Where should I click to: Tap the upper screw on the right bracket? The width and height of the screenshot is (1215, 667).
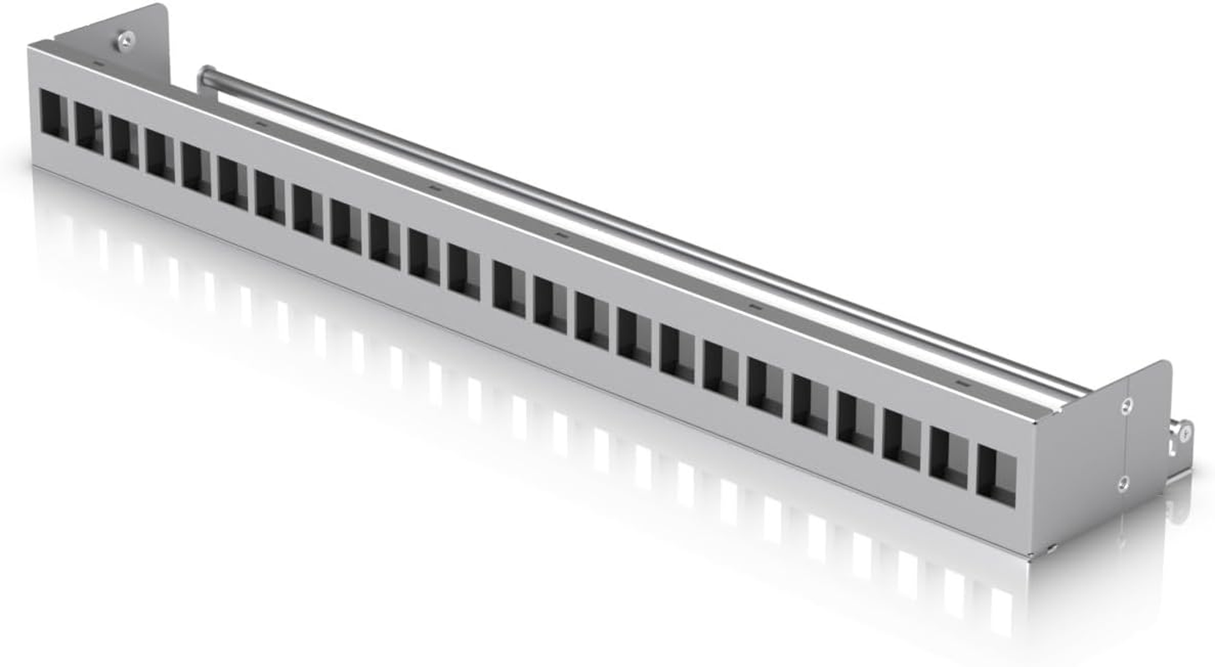pos(1127,406)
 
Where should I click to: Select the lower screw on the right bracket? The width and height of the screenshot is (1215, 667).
pos(1124,481)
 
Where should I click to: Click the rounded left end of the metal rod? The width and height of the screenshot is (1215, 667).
pos(204,78)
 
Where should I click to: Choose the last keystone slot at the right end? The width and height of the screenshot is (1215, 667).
pos(996,477)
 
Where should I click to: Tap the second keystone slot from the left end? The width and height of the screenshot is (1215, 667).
pos(89,128)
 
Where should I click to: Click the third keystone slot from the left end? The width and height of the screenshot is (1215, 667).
pos(124,141)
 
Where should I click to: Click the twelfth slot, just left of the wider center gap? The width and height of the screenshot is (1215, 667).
pos(464,271)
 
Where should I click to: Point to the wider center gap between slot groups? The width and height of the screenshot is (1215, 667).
pos(487,278)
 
